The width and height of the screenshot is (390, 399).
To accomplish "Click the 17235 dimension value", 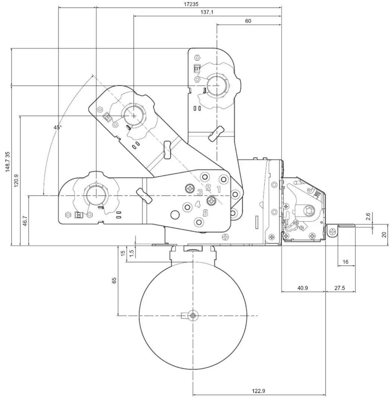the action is pyautogui.click(x=191, y=4).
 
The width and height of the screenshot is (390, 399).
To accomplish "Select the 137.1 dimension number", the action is pyautogui.click(x=207, y=12).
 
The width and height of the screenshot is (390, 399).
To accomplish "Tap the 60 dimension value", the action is pyautogui.click(x=248, y=21).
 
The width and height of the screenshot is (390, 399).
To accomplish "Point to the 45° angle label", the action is pyautogui.click(x=58, y=127).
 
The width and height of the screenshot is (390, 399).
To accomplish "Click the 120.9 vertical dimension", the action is pyautogui.click(x=16, y=181).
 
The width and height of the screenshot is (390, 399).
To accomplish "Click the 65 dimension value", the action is pyautogui.click(x=114, y=280).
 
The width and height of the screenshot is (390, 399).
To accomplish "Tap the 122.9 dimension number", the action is pyautogui.click(x=259, y=391).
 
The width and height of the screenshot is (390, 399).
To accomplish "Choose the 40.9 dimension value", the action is pyautogui.click(x=302, y=288).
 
